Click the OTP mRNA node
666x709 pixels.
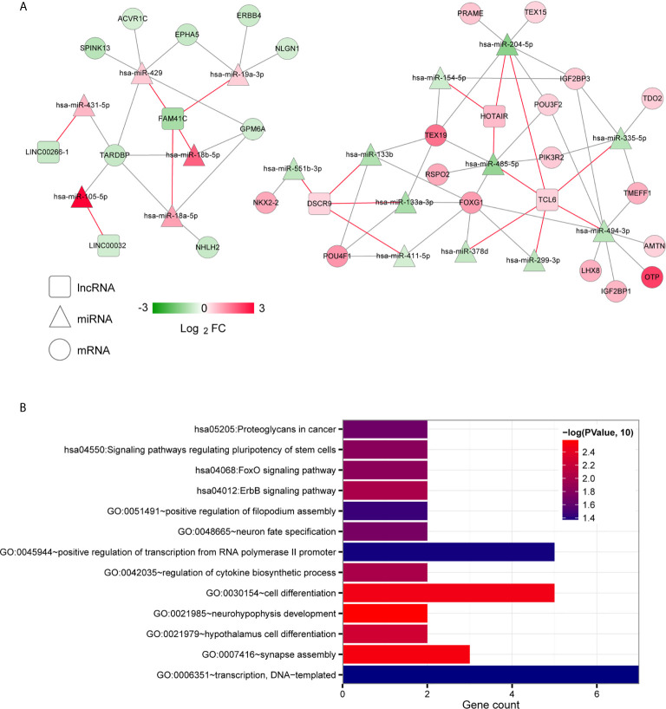650,277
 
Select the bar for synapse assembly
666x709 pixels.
407,654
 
